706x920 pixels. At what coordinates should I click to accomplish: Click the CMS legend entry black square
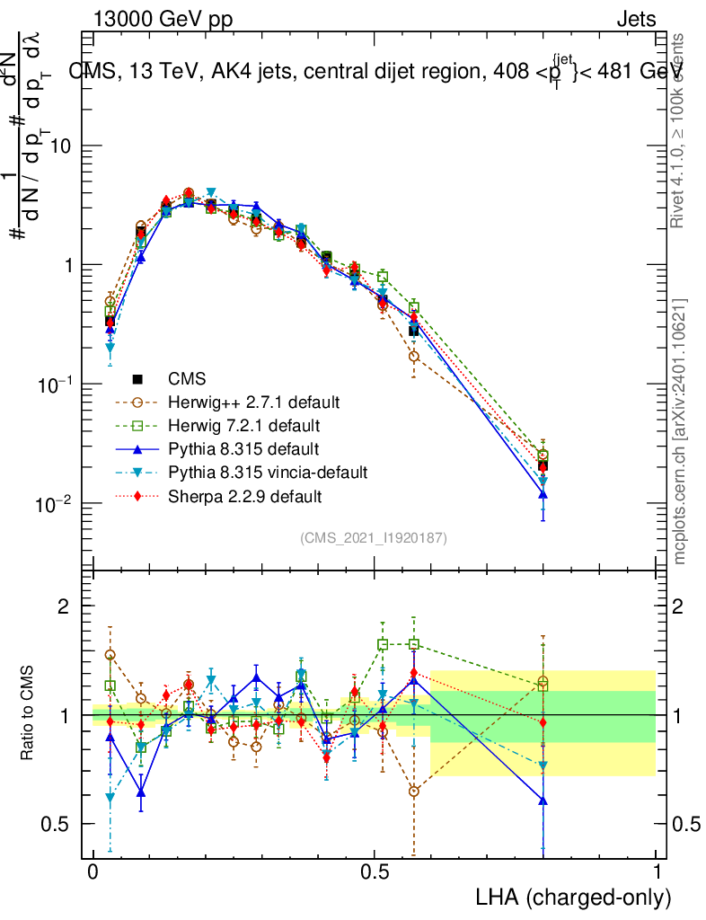point(138,377)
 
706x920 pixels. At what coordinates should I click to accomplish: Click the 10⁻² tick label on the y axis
point(57,504)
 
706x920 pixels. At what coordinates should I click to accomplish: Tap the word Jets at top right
point(635,20)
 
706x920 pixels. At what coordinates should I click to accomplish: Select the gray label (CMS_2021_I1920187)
point(374,537)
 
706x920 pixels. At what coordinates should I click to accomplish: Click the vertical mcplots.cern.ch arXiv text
point(680,431)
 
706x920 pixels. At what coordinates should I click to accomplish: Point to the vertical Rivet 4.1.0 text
point(680,130)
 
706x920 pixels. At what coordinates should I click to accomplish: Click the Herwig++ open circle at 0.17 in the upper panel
point(188,193)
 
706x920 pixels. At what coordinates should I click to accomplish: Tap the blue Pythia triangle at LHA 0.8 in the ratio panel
point(543,801)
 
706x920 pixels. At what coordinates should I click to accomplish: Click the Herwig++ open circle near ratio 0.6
point(413,791)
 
